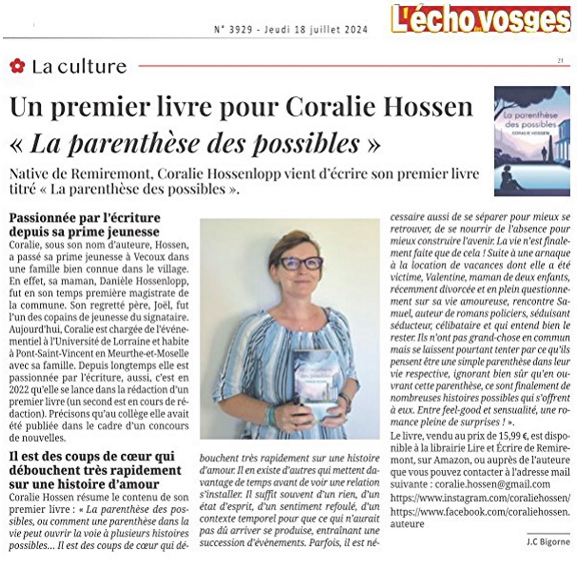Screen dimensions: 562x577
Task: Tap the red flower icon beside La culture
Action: click(x=17, y=66)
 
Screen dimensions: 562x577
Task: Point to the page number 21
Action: click(x=560, y=60)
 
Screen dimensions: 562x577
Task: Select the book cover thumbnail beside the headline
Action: click(x=532, y=140)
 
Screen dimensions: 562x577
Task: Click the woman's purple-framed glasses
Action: click(x=300, y=263)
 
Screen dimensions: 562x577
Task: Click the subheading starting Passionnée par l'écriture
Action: click(x=85, y=224)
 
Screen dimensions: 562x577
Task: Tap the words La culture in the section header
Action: click(x=79, y=67)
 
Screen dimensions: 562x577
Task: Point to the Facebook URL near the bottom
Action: click(x=480, y=512)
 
